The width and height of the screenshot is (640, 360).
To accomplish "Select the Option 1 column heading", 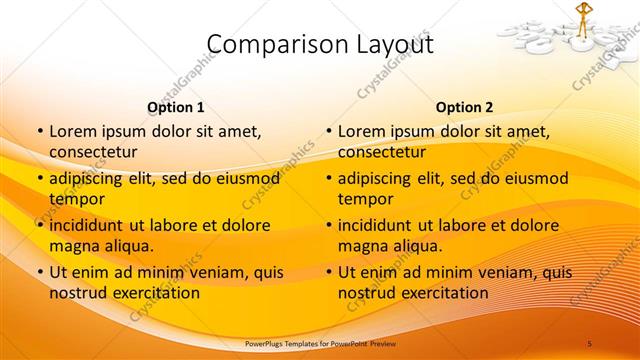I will click(x=176, y=107).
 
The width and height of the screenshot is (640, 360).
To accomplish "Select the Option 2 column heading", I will click(x=464, y=107).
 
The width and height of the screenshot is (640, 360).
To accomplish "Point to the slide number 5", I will click(x=590, y=343).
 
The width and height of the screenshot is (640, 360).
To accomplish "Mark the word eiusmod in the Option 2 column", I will click(x=535, y=179).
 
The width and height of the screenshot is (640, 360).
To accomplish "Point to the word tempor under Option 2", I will click(x=365, y=200).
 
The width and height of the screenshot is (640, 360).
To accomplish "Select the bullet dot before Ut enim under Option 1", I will click(x=39, y=272).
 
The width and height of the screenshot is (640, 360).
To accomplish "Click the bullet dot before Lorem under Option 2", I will click(x=328, y=131).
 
